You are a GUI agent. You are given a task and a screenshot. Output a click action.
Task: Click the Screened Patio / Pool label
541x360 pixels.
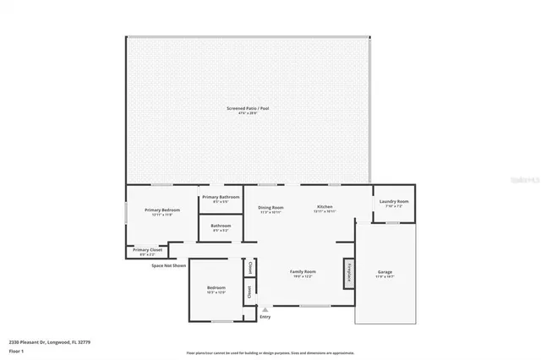247,109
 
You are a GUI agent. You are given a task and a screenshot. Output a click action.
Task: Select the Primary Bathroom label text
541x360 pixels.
221,198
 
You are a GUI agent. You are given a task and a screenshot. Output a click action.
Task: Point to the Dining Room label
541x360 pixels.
270,207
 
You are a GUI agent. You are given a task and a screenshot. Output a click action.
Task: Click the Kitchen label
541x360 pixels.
325,207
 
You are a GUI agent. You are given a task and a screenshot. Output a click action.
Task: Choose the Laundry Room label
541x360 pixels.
394,201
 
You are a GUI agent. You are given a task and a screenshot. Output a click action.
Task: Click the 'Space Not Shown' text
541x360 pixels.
168,265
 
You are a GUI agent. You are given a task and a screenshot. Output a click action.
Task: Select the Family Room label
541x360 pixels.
291,271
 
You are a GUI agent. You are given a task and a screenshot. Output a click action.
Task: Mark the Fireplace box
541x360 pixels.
347,275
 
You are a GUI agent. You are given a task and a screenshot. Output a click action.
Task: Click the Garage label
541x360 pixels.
385,271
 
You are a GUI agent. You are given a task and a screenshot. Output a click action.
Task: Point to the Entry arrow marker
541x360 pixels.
265,309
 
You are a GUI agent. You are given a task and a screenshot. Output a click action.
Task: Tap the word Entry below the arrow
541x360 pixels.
265,317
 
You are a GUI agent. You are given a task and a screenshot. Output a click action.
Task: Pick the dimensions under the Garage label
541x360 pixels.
385,276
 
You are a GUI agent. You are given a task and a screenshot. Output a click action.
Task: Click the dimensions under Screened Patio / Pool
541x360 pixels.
247,114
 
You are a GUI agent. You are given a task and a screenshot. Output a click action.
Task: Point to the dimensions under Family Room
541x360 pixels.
291,276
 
